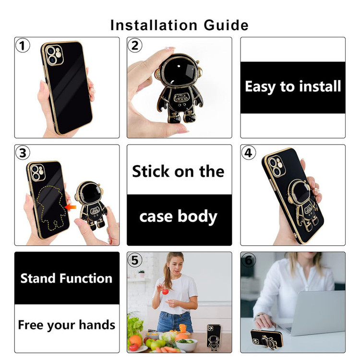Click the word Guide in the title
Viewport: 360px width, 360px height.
226,25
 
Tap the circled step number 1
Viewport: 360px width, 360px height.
23,46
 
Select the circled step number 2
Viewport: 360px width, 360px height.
135,45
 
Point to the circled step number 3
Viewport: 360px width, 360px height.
23,153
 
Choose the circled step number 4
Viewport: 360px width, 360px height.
249,153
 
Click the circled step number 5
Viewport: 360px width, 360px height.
135,260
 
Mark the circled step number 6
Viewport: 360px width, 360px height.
249,260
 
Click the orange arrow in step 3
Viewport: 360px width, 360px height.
70,207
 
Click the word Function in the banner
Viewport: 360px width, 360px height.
86,278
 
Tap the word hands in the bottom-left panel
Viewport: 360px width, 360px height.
97,324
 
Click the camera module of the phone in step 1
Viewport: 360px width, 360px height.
54,55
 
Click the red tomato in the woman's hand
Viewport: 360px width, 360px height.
165,291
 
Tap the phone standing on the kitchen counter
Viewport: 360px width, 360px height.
214,337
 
